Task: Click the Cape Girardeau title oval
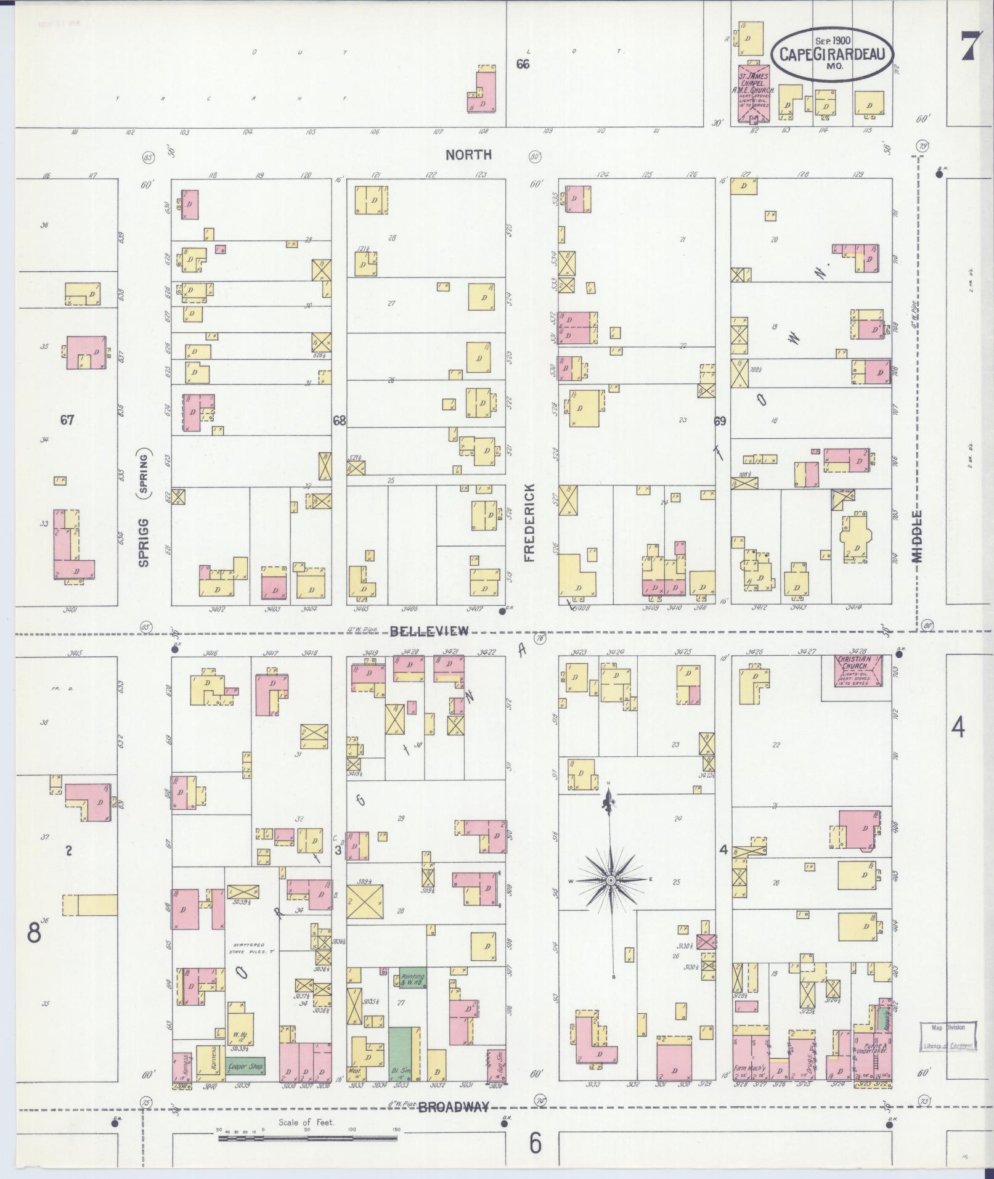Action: click(x=831, y=54)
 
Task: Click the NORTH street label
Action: click(x=469, y=155)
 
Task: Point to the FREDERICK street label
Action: click(x=529, y=522)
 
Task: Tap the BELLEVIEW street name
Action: click(x=429, y=630)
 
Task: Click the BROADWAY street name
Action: click(x=454, y=1108)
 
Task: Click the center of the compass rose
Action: click(x=610, y=880)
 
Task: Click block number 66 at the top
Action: click(x=523, y=64)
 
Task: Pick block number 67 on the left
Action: click(x=67, y=420)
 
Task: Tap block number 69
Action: click(x=720, y=422)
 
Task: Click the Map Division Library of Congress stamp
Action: click(x=948, y=1036)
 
